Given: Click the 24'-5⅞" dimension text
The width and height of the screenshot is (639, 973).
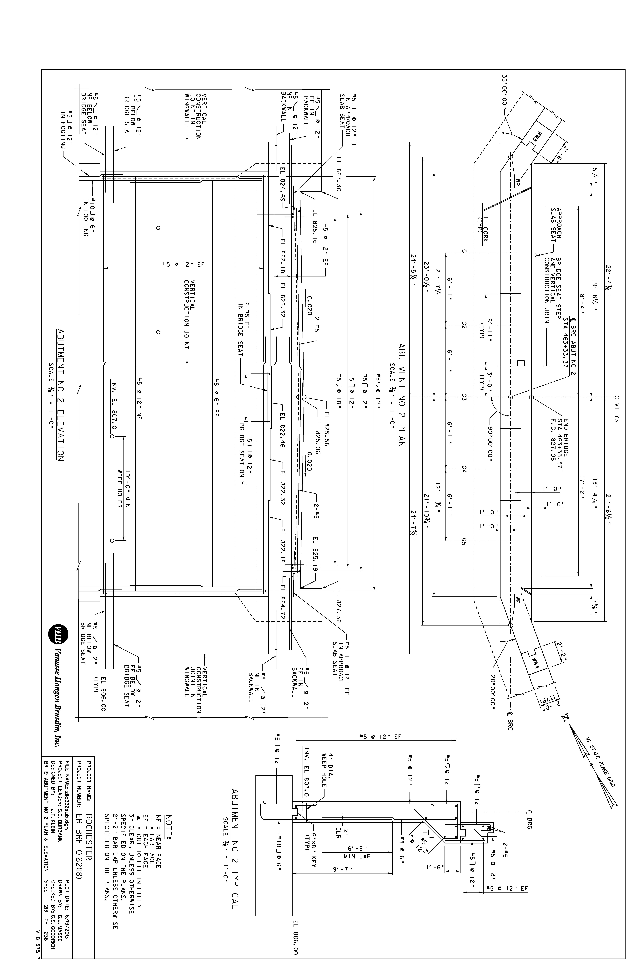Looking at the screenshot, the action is tap(414, 272).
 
